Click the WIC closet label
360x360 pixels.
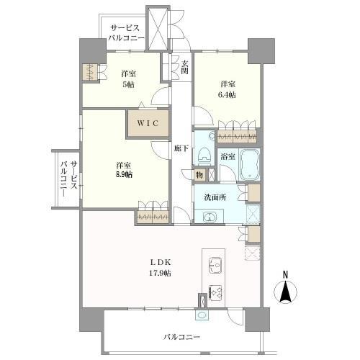[x=149, y=122]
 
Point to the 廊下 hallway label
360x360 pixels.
[x=181, y=149]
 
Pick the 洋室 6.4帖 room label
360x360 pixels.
[x=228, y=89]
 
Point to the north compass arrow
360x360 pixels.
[x=284, y=292]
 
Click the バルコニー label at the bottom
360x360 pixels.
[x=180, y=336]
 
